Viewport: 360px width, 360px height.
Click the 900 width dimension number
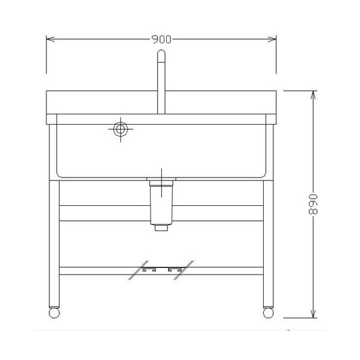(x=161, y=40)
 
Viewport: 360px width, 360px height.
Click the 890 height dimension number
(x=313, y=204)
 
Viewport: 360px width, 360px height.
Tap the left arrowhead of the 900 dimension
(x=51, y=39)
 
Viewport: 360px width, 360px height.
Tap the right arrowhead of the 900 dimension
(x=272, y=39)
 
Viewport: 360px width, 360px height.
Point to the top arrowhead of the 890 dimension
(x=313, y=95)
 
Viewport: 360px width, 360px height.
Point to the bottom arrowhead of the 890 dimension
(x=313, y=314)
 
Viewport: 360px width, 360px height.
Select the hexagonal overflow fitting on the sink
(x=120, y=129)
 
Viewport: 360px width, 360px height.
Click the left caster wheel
(x=54, y=313)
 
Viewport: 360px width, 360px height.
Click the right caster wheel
(x=268, y=313)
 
